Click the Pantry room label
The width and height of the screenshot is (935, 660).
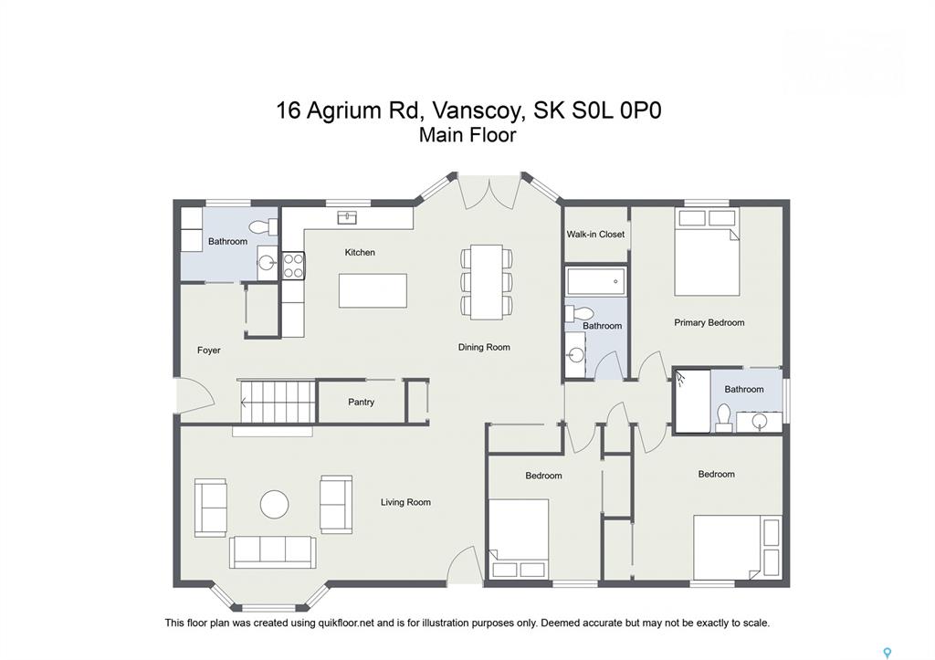click(361, 402)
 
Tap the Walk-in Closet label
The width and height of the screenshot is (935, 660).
click(595, 235)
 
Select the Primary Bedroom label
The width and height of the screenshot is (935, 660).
click(709, 322)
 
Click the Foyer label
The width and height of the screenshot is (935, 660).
click(209, 351)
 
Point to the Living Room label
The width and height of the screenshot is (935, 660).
click(405, 502)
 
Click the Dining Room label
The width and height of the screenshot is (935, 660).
click(484, 347)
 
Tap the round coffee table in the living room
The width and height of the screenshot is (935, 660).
click(274, 504)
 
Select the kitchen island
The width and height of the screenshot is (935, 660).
click(373, 291)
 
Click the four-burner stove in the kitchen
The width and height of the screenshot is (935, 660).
click(293, 266)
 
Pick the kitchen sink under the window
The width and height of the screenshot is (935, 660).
click(347, 217)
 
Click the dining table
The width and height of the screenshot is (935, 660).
click(487, 282)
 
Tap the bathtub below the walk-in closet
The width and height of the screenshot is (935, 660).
click(595, 281)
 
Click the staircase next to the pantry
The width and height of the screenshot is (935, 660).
click(278, 403)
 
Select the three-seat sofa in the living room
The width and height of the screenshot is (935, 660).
click(273, 552)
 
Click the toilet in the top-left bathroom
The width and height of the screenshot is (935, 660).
click(264, 226)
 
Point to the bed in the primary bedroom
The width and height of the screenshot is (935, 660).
click(708, 252)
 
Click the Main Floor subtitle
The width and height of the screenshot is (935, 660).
click(467, 135)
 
